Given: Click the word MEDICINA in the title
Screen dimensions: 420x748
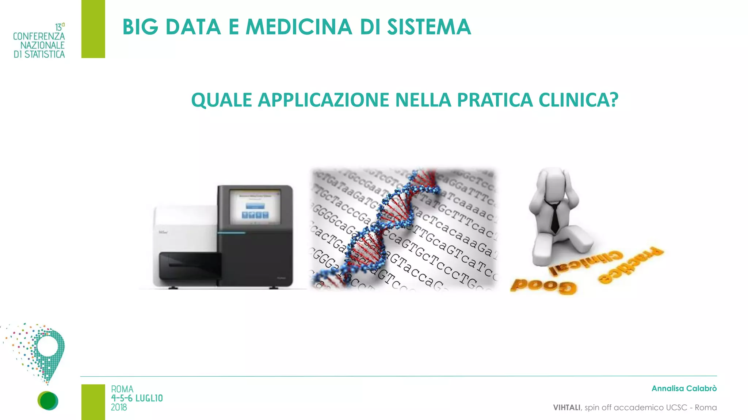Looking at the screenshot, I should click(299, 27).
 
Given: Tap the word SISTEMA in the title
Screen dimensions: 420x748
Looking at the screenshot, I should click(429, 27).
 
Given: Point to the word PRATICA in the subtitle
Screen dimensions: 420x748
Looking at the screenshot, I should click(495, 100).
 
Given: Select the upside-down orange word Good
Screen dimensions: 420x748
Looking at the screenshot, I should click(543, 286).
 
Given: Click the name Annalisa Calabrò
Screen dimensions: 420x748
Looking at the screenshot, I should click(684, 389).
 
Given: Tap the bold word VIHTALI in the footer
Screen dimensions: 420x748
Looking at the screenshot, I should click(566, 408).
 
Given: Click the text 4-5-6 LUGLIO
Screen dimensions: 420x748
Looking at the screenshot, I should click(137, 398).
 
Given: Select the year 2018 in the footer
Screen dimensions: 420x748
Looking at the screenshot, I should click(119, 408).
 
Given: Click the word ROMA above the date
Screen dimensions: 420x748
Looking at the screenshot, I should click(122, 389).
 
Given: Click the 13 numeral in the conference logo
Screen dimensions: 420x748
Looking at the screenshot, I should click(58, 27).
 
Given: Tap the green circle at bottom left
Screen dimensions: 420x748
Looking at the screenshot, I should click(47, 401).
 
